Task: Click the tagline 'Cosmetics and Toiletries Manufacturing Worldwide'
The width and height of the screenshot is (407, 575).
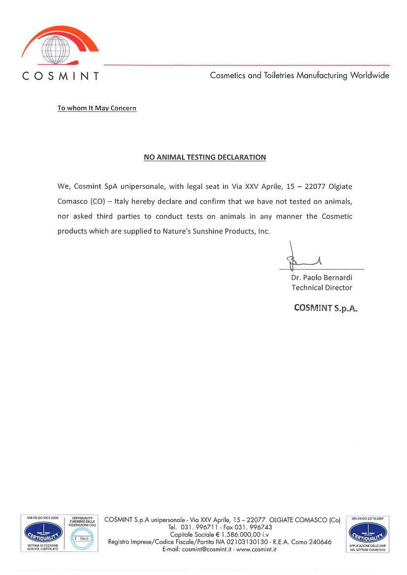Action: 299,76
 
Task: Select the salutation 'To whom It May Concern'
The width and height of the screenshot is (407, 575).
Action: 97,108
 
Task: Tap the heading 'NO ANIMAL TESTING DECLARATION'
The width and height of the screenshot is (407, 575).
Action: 205,157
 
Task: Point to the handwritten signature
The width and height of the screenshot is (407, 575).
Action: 302,260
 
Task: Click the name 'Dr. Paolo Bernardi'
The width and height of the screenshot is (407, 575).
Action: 321,278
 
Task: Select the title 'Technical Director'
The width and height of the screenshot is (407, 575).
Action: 321,288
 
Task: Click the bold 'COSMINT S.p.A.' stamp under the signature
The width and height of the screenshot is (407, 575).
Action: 325,308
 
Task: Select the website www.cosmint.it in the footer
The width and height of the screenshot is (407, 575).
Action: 256,549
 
